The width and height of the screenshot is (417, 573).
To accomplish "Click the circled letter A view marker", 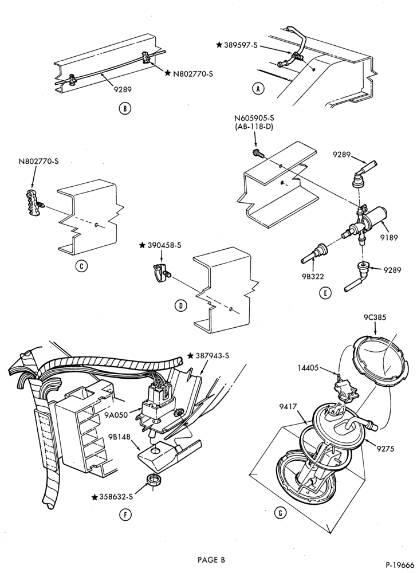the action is tap(258, 89).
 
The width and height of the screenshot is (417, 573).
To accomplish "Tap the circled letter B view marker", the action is tap(124, 108).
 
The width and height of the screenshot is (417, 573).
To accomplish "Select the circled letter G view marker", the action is tap(280, 513).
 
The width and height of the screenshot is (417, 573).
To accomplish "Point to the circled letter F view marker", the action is tap(125, 515).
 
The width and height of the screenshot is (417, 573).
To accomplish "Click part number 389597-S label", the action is tap(241, 45).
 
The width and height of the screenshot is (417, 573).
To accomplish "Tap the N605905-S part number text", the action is tap(254, 119).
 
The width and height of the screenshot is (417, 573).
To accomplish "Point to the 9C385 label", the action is tap(375, 317).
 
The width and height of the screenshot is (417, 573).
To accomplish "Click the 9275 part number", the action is tap(387, 449).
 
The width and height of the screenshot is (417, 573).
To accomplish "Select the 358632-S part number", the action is tap(116, 497).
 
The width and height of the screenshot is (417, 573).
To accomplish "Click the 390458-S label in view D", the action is tap(165, 246).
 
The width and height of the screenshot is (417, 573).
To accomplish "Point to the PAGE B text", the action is tap(211, 559).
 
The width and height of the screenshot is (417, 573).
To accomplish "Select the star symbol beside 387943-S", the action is tap(190, 356).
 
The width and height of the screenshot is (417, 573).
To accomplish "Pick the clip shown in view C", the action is tap(36, 203).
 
